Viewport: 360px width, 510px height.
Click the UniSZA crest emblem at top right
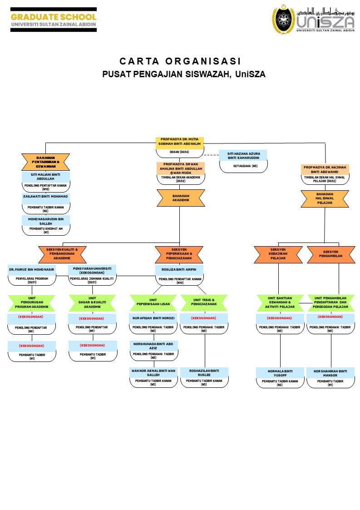(x=283, y=19)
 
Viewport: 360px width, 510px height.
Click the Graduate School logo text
(x=54, y=17)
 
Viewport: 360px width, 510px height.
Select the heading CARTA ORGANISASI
(x=180, y=61)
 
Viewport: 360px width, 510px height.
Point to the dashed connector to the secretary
(x=211, y=155)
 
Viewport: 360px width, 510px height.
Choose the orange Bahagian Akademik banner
(x=181, y=198)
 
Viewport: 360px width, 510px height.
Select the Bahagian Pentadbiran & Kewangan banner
(x=45, y=162)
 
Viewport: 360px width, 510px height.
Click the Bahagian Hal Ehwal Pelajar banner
(x=325, y=198)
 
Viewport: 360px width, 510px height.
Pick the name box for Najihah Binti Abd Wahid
(x=325, y=169)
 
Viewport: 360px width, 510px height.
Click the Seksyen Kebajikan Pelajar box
(x=278, y=254)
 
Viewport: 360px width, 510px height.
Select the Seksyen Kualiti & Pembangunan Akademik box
(x=62, y=254)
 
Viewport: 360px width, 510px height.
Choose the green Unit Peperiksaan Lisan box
(x=153, y=302)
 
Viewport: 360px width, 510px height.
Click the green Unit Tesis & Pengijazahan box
(x=204, y=302)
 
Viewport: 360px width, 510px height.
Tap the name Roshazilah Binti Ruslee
(x=204, y=372)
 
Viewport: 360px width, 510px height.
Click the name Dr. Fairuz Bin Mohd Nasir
(x=32, y=270)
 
